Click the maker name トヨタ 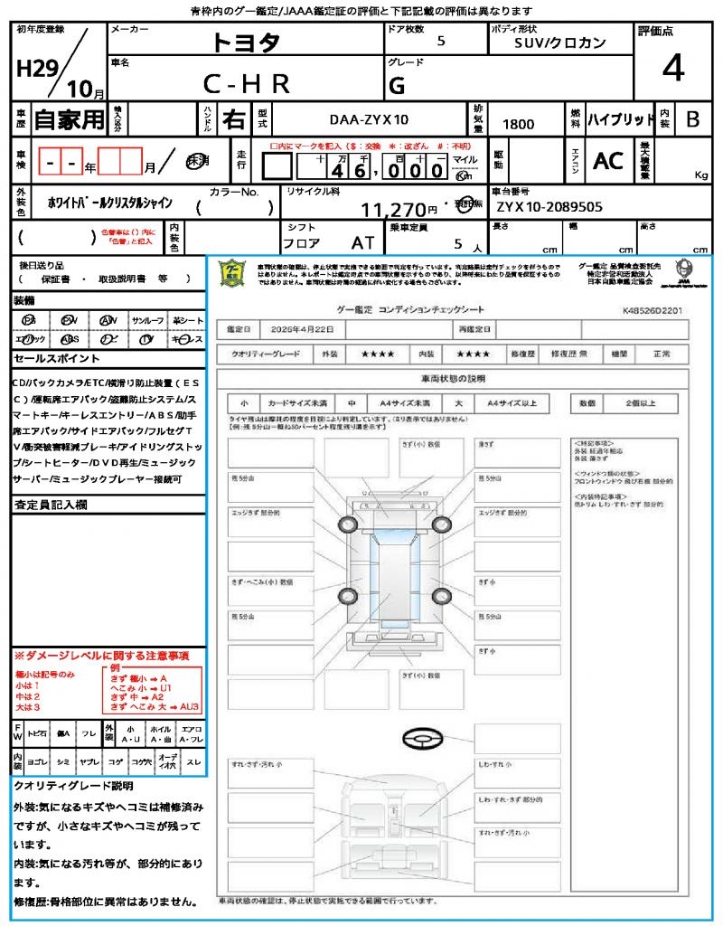(246, 43)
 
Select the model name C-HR (246, 84)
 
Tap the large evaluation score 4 (672, 68)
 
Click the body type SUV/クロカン (560, 43)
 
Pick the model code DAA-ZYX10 (368, 119)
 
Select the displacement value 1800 (518, 124)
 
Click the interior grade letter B (692, 119)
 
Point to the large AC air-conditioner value (608, 161)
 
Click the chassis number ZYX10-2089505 (549, 206)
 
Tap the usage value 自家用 (70, 119)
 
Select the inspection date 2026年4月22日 (305, 328)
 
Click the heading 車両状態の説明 (453, 377)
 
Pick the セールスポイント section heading (51, 358)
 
